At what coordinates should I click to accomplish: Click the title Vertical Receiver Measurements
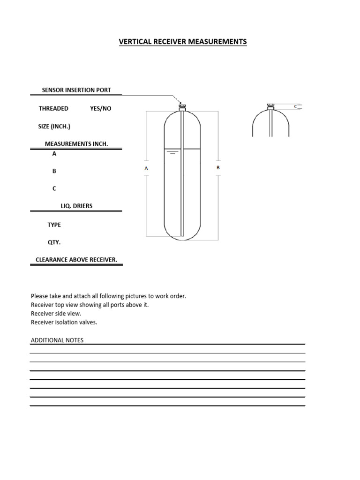pos(183,42)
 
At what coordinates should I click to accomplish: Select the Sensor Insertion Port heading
pos(76,90)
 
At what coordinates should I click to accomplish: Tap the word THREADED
pos(53,108)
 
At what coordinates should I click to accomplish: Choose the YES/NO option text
pos(101,108)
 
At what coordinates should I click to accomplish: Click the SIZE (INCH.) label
pos(54,126)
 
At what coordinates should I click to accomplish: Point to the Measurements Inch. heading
pos(76,143)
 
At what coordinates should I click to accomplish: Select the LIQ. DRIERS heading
pos(76,206)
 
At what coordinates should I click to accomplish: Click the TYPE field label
pos(54,225)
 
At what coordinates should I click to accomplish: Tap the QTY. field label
pos(54,242)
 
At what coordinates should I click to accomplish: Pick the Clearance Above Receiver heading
pos(76,260)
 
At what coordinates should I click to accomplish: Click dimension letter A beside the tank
pos(146,168)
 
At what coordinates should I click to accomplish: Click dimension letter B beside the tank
pos(218,167)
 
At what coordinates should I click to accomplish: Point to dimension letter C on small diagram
pos(295,106)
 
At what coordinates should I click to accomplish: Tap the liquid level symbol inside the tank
pos(172,152)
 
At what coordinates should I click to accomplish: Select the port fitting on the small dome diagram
pos(270,106)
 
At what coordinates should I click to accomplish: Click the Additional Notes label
pos(57,340)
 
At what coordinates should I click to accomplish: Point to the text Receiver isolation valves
pos(64,322)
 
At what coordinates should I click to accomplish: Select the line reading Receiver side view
pos(56,313)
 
